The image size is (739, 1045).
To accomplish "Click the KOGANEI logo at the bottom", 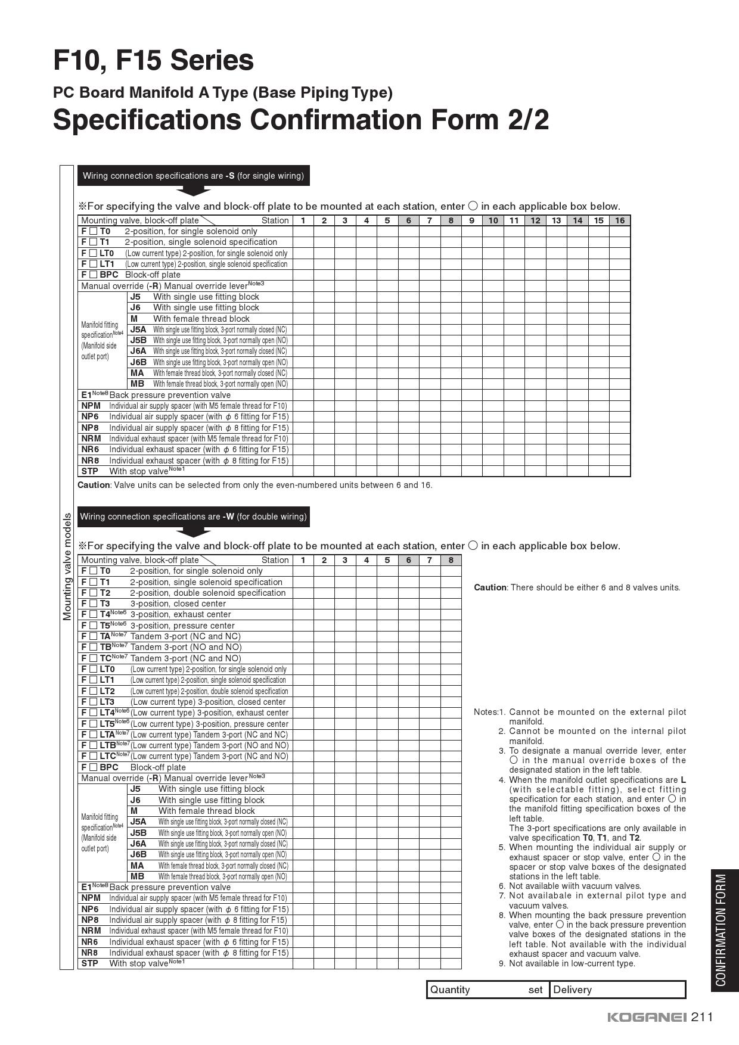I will coord(647,1017).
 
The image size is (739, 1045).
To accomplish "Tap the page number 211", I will coord(702,1016).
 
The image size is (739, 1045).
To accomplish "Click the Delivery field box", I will coord(617,990).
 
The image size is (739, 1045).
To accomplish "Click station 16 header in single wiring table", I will coord(620,220).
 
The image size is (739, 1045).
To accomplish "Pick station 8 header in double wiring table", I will coord(451,560).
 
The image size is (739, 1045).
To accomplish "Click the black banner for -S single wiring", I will coord(193,176).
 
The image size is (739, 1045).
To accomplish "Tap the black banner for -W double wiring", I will coord(193,517).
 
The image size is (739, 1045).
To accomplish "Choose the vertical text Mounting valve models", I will coord(67,567).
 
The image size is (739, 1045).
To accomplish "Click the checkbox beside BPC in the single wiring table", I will coord(93,275).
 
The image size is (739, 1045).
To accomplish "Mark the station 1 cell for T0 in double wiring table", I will coord(303,571).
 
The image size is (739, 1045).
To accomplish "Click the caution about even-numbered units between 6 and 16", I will coord(254,485).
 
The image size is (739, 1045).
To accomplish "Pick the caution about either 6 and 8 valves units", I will coord(576,587).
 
